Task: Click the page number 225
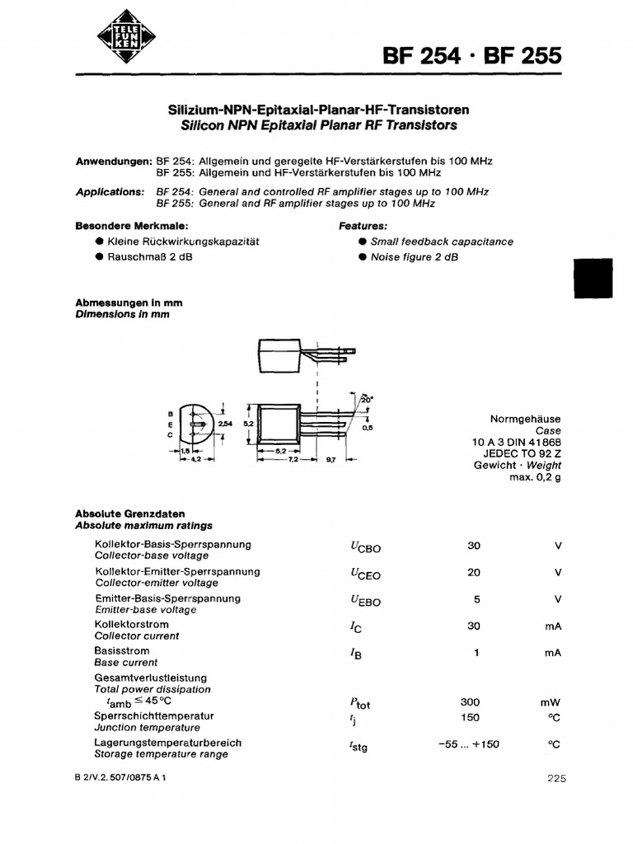(x=556, y=777)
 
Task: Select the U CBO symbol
(x=365, y=547)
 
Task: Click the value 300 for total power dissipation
(x=471, y=702)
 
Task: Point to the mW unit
(x=550, y=702)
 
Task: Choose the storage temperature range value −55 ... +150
(x=469, y=744)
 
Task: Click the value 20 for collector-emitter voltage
(x=473, y=572)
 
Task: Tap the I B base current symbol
(x=356, y=654)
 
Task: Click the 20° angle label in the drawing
(x=365, y=399)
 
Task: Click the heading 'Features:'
(x=363, y=225)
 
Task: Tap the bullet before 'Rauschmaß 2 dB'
(x=100, y=256)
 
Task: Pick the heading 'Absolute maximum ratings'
(x=143, y=525)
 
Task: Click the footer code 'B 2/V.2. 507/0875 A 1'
(x=120, y=777)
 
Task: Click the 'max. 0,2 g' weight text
(x=535, y=477)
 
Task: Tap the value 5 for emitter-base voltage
(x=476, y=599)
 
